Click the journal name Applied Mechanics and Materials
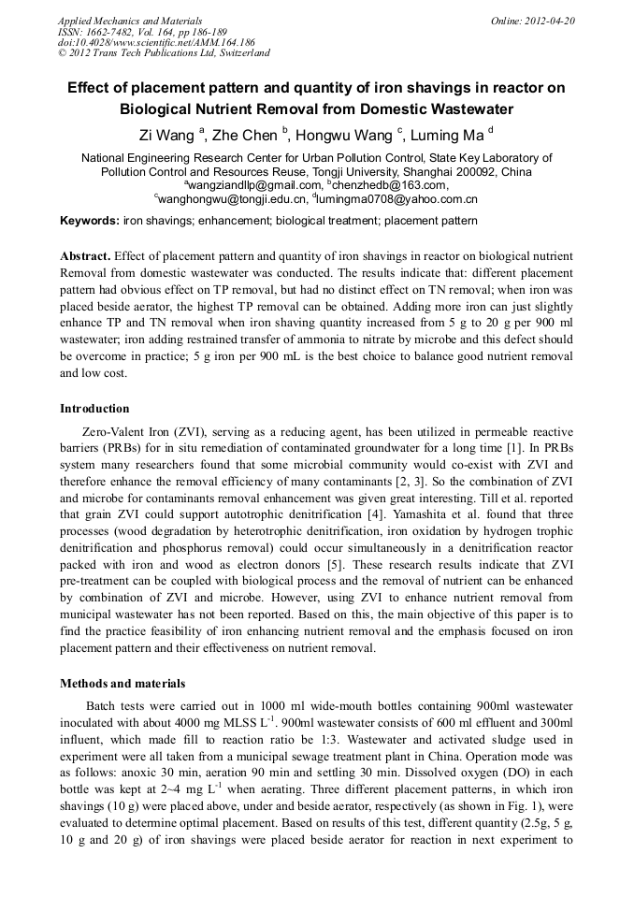tap(129, 21)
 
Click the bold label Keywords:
tap(90, 222)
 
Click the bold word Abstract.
tap(85, 256)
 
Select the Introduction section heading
tap(94, 409)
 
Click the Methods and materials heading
tap(122, 684)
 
